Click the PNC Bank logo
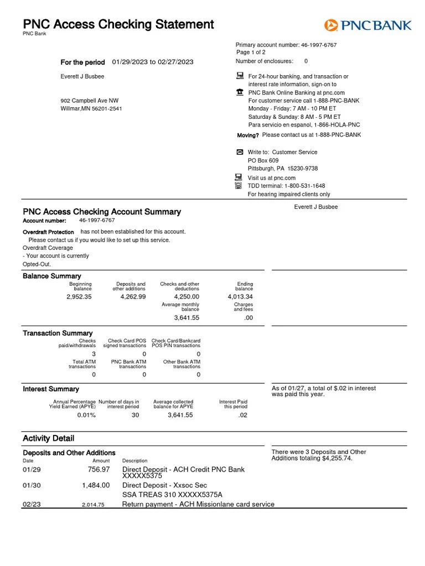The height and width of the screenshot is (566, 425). point(367,25)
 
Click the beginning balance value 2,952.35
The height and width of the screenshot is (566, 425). point(79,297)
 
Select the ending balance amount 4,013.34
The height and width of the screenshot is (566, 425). point(240,297)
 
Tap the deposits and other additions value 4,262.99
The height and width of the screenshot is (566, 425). point(133,297)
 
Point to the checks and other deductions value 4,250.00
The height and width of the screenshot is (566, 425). point(186,297)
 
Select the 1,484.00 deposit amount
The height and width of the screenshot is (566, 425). point(96,485)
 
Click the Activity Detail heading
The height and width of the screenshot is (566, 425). point(48,438)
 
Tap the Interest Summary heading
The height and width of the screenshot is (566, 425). point(50,389)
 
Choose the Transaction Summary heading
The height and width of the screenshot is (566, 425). point(58,333)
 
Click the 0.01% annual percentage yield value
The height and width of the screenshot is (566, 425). point(86,415)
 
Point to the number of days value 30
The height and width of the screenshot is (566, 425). point(136,415)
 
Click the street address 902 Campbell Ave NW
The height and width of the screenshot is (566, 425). point(89,101)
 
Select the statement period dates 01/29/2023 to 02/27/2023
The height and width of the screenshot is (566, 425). point(153,62)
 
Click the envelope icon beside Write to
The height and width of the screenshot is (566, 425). point(240,152)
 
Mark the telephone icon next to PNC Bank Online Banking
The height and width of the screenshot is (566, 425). point(240,92)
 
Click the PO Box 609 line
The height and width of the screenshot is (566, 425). point(263,160)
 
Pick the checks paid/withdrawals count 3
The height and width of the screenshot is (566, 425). point(94,354)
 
